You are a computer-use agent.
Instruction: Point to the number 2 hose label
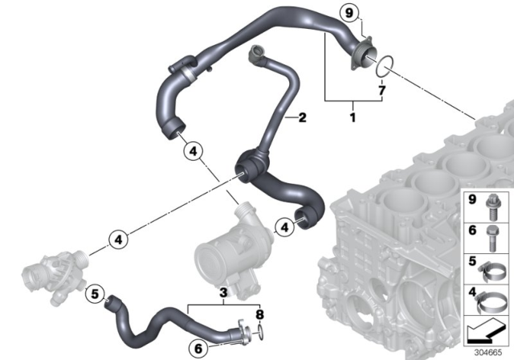pyautogui.click(x=302, y=118)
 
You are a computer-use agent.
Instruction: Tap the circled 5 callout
pyautogui.click(x=94, y=295)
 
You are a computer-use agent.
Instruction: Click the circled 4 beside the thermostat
pyautogui.click(x=117, y=239)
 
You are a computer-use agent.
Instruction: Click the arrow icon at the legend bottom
pyautogui.click(x=486, y=329)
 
